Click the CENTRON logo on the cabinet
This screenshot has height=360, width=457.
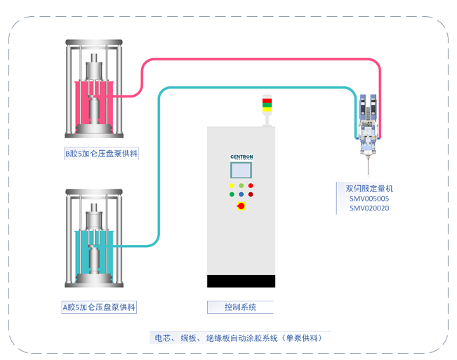pyautogui.click(x=241, y=156)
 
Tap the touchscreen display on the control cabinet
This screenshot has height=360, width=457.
pyautogui.click(x=241, y=170)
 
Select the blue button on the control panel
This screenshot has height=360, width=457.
pyautogui.click(x=241, y=194)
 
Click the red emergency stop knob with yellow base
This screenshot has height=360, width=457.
pyautogui.click(x=241, y=206)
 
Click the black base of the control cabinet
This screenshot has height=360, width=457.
pyautogui.click(x=241, y=281)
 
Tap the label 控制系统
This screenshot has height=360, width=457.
pyautogui.click(x=240, y=307)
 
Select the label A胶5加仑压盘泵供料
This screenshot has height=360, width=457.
pyautogui.click(x=98, y=307)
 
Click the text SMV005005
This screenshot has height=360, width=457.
pyautogui.click(x=369, y=198)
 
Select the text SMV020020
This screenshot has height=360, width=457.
pyautogui.click(x=369, y=208)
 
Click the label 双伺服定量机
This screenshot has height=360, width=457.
pyautogui.click(x=365, y=188)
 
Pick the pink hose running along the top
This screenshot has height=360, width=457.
pyautogui.click(x=260, y=60)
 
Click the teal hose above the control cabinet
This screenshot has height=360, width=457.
pyautogui.click(x=253, y=88)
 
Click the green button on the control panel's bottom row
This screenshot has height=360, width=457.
pyautogui.click(x=232, y=194)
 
